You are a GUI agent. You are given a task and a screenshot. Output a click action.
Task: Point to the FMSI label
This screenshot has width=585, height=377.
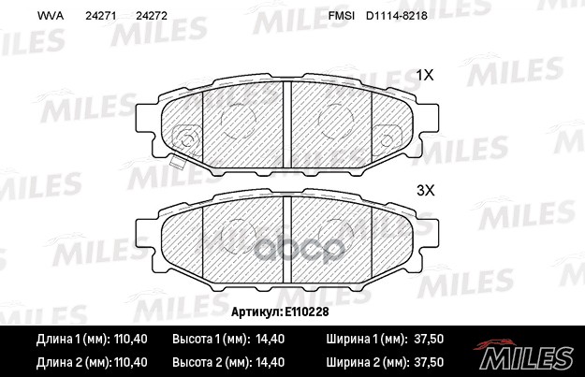click(x=343, y=17)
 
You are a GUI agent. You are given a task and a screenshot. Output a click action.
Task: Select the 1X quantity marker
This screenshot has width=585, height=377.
click(x=425, y=74)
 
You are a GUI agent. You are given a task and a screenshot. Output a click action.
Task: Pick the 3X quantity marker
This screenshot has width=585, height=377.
click(x=425, y=189)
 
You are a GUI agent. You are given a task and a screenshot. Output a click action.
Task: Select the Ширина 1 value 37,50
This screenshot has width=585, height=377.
click(x=428, y=340)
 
